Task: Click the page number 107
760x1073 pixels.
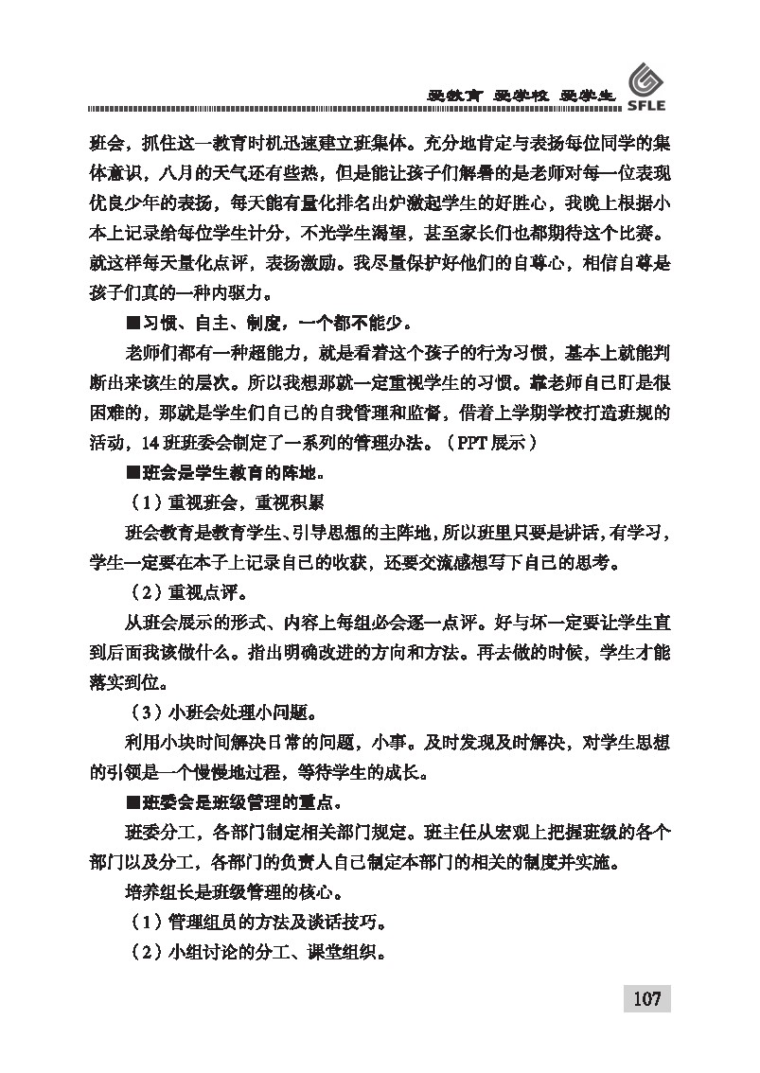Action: click(x=646, y=998)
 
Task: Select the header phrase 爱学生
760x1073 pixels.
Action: click(x=588, y=96)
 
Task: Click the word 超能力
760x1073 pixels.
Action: click(x=291, y=354)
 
